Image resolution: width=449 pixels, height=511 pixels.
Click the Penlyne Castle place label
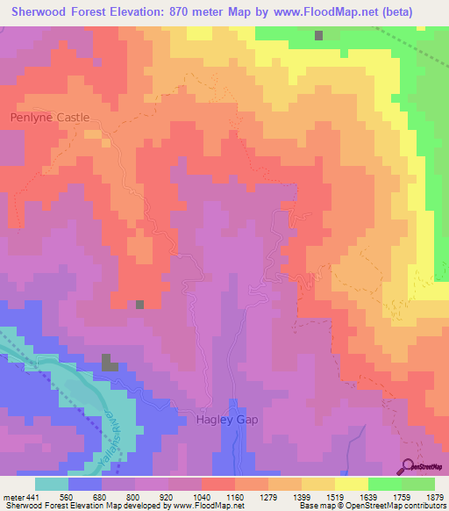(x=50, y=116)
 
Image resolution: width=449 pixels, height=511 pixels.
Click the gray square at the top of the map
(x=319, y=36)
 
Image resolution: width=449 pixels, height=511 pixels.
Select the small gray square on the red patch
(x=139, y=305)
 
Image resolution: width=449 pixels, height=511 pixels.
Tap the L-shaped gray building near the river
(x=110, y=363)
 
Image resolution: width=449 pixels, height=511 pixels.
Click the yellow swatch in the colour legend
(x=352, y=484)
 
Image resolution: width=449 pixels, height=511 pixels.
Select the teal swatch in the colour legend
(x=51, y=484)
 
